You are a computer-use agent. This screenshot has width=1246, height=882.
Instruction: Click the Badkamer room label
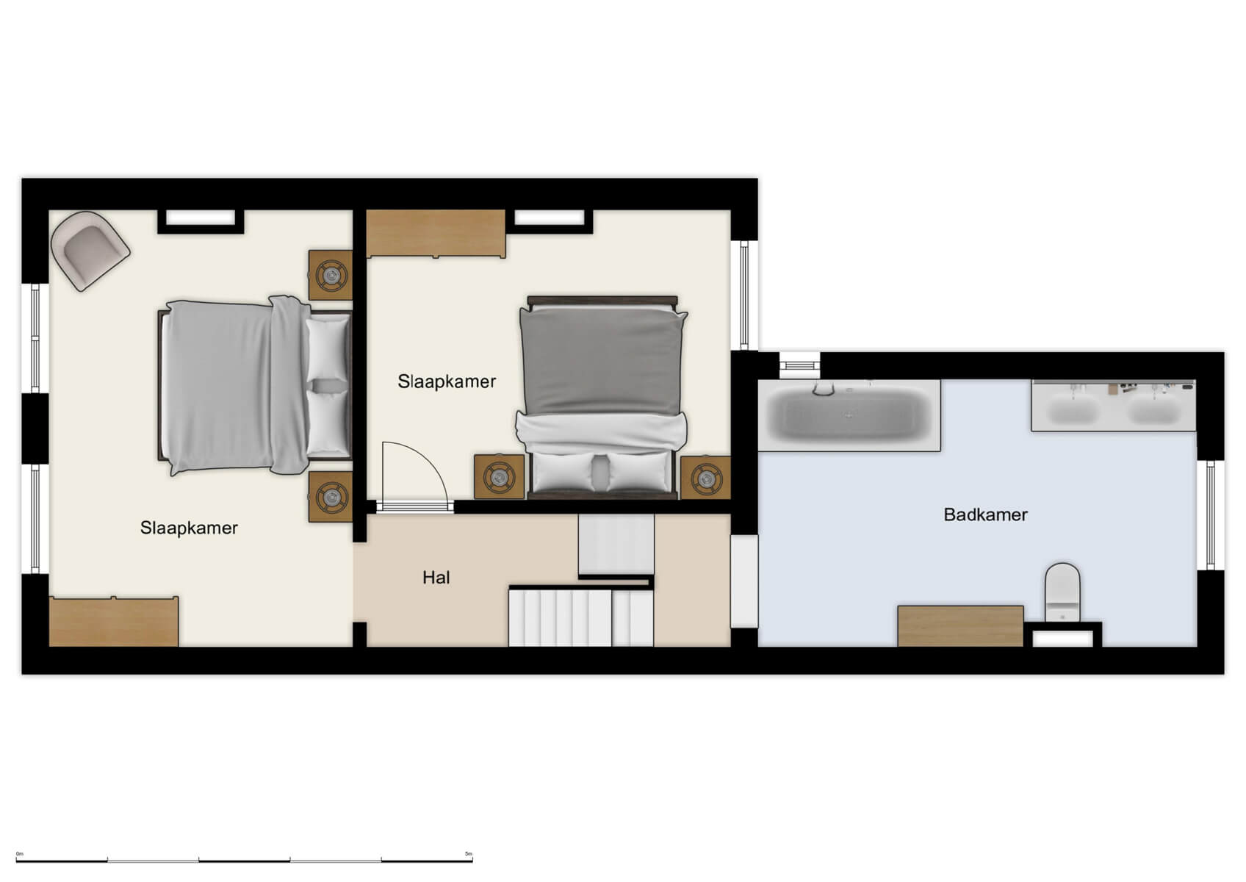click(x=984, y=514)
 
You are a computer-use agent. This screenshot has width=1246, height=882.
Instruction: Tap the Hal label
click(x=436, y=578)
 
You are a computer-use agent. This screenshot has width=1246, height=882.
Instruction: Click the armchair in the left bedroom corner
click(x=90, y=250)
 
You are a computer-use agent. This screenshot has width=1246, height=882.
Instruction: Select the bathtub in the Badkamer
click(x=849, y=415)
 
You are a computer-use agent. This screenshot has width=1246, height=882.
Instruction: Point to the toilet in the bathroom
click(x=1062, y=592)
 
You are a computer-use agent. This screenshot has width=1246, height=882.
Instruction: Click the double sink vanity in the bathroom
click(x=1113, y=405)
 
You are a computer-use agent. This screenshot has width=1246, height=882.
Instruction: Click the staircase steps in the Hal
click(x=580, y=617)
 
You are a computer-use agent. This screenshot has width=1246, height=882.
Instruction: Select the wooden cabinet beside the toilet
click(x=960, y=625)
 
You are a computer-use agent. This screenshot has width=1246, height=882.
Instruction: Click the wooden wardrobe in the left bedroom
click(x=114, y=622)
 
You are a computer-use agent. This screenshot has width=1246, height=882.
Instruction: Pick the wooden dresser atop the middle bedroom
click(x=436, y=234)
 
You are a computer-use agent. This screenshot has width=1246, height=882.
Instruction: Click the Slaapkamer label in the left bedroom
click(x=189, y=528)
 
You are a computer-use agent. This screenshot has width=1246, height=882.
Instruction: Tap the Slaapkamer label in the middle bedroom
click(x=447, y=381)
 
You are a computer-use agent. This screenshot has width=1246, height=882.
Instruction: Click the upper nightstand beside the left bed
click(x=331, y=275)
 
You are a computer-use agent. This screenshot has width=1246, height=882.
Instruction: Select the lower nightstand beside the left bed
click(x=331, y=497)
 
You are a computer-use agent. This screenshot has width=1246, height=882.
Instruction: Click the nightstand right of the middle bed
click(x=705, y=478)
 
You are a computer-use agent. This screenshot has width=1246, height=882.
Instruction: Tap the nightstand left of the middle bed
click(x=499, y=476)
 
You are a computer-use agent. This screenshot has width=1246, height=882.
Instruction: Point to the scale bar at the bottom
click(x=244, y=859)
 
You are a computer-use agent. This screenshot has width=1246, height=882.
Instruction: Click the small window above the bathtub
click(x=799, y=363)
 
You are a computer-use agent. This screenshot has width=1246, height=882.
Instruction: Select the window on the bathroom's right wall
click(x=1210, y=514)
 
